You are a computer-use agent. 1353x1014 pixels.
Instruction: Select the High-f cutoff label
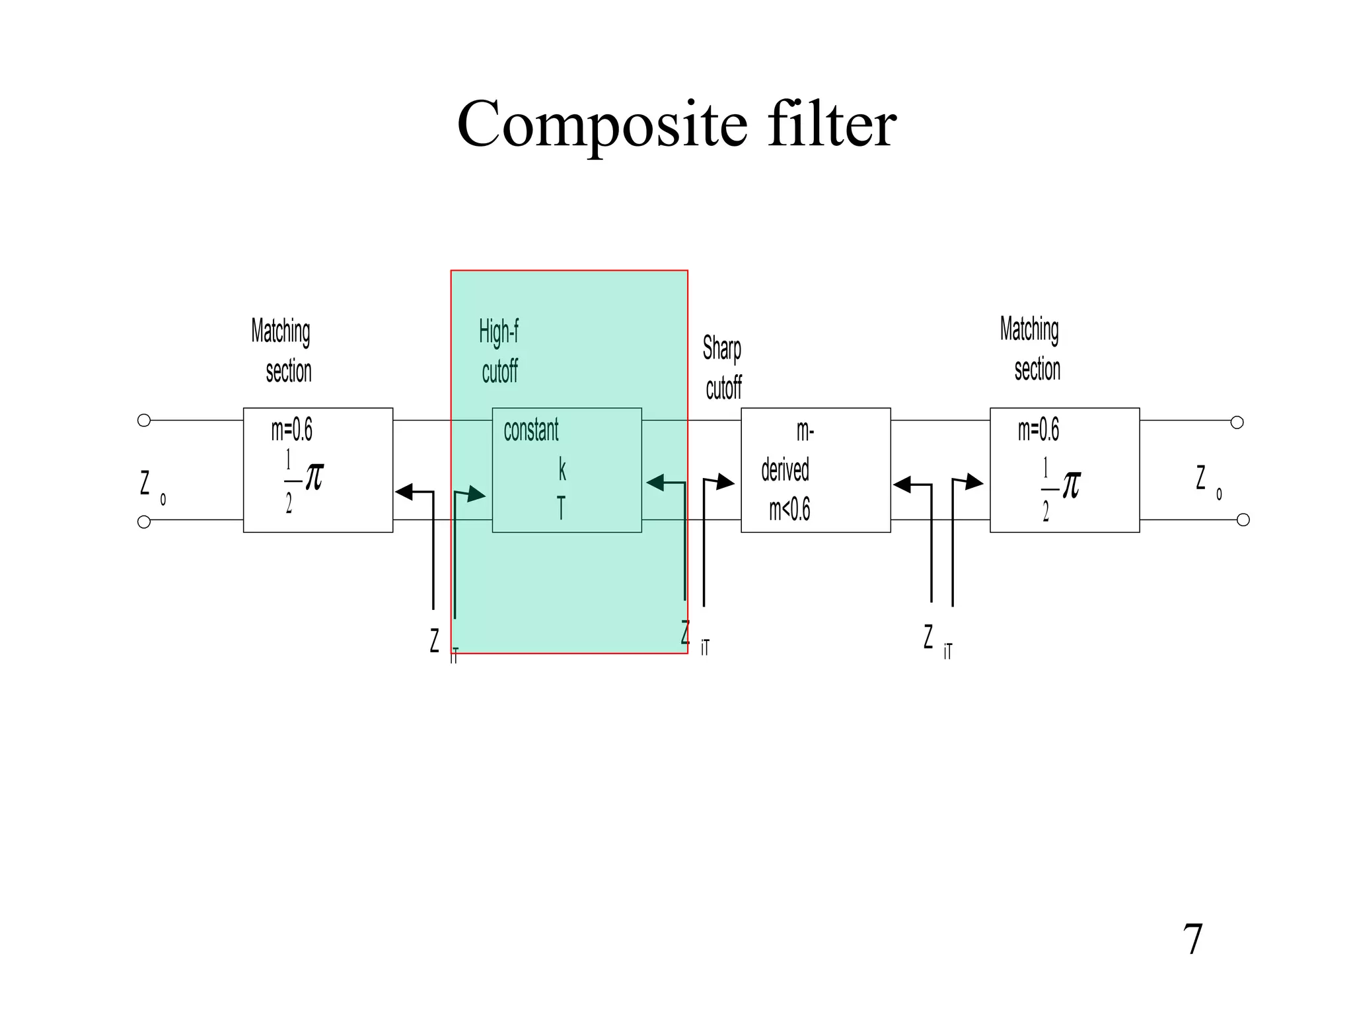point(499,351)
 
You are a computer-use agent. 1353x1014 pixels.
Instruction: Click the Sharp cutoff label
point(722,368)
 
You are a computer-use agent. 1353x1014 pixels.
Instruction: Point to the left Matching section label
point(282,351)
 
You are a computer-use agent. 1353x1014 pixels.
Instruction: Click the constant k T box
point(567,469)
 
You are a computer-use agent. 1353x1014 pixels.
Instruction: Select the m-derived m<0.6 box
point(815,469)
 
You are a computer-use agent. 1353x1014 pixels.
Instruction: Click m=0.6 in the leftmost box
point(291,430)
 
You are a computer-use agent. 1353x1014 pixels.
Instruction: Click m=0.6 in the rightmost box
point(1038,430)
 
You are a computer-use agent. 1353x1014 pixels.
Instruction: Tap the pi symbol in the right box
point(1070,485)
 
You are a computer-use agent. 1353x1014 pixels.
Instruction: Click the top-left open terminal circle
point(144,421)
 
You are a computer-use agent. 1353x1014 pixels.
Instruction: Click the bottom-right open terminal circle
point(1243,520)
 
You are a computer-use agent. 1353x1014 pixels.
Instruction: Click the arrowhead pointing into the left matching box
point(404,492)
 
